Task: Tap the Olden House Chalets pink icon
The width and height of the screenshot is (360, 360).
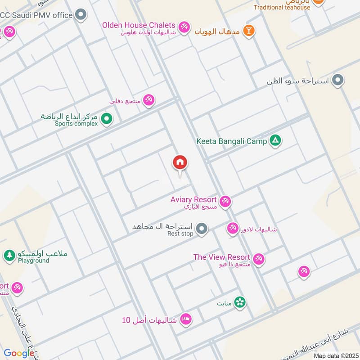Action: point(184,27)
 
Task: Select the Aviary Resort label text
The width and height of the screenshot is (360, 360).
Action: point(193,199)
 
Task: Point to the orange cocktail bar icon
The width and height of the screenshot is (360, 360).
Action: point(248,31)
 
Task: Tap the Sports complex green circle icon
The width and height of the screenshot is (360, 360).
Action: point(107,119)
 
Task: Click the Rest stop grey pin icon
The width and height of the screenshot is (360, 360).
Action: point(202,229)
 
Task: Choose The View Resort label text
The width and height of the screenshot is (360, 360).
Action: point(221,257)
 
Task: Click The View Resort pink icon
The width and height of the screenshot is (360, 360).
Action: point(258,259)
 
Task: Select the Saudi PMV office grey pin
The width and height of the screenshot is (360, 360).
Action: point(81,15)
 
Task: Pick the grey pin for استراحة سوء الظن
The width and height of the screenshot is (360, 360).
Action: point(338,81)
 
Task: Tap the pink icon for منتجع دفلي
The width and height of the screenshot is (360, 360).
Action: point(149,100)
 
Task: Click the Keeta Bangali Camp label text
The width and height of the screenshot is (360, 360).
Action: point(232,141)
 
